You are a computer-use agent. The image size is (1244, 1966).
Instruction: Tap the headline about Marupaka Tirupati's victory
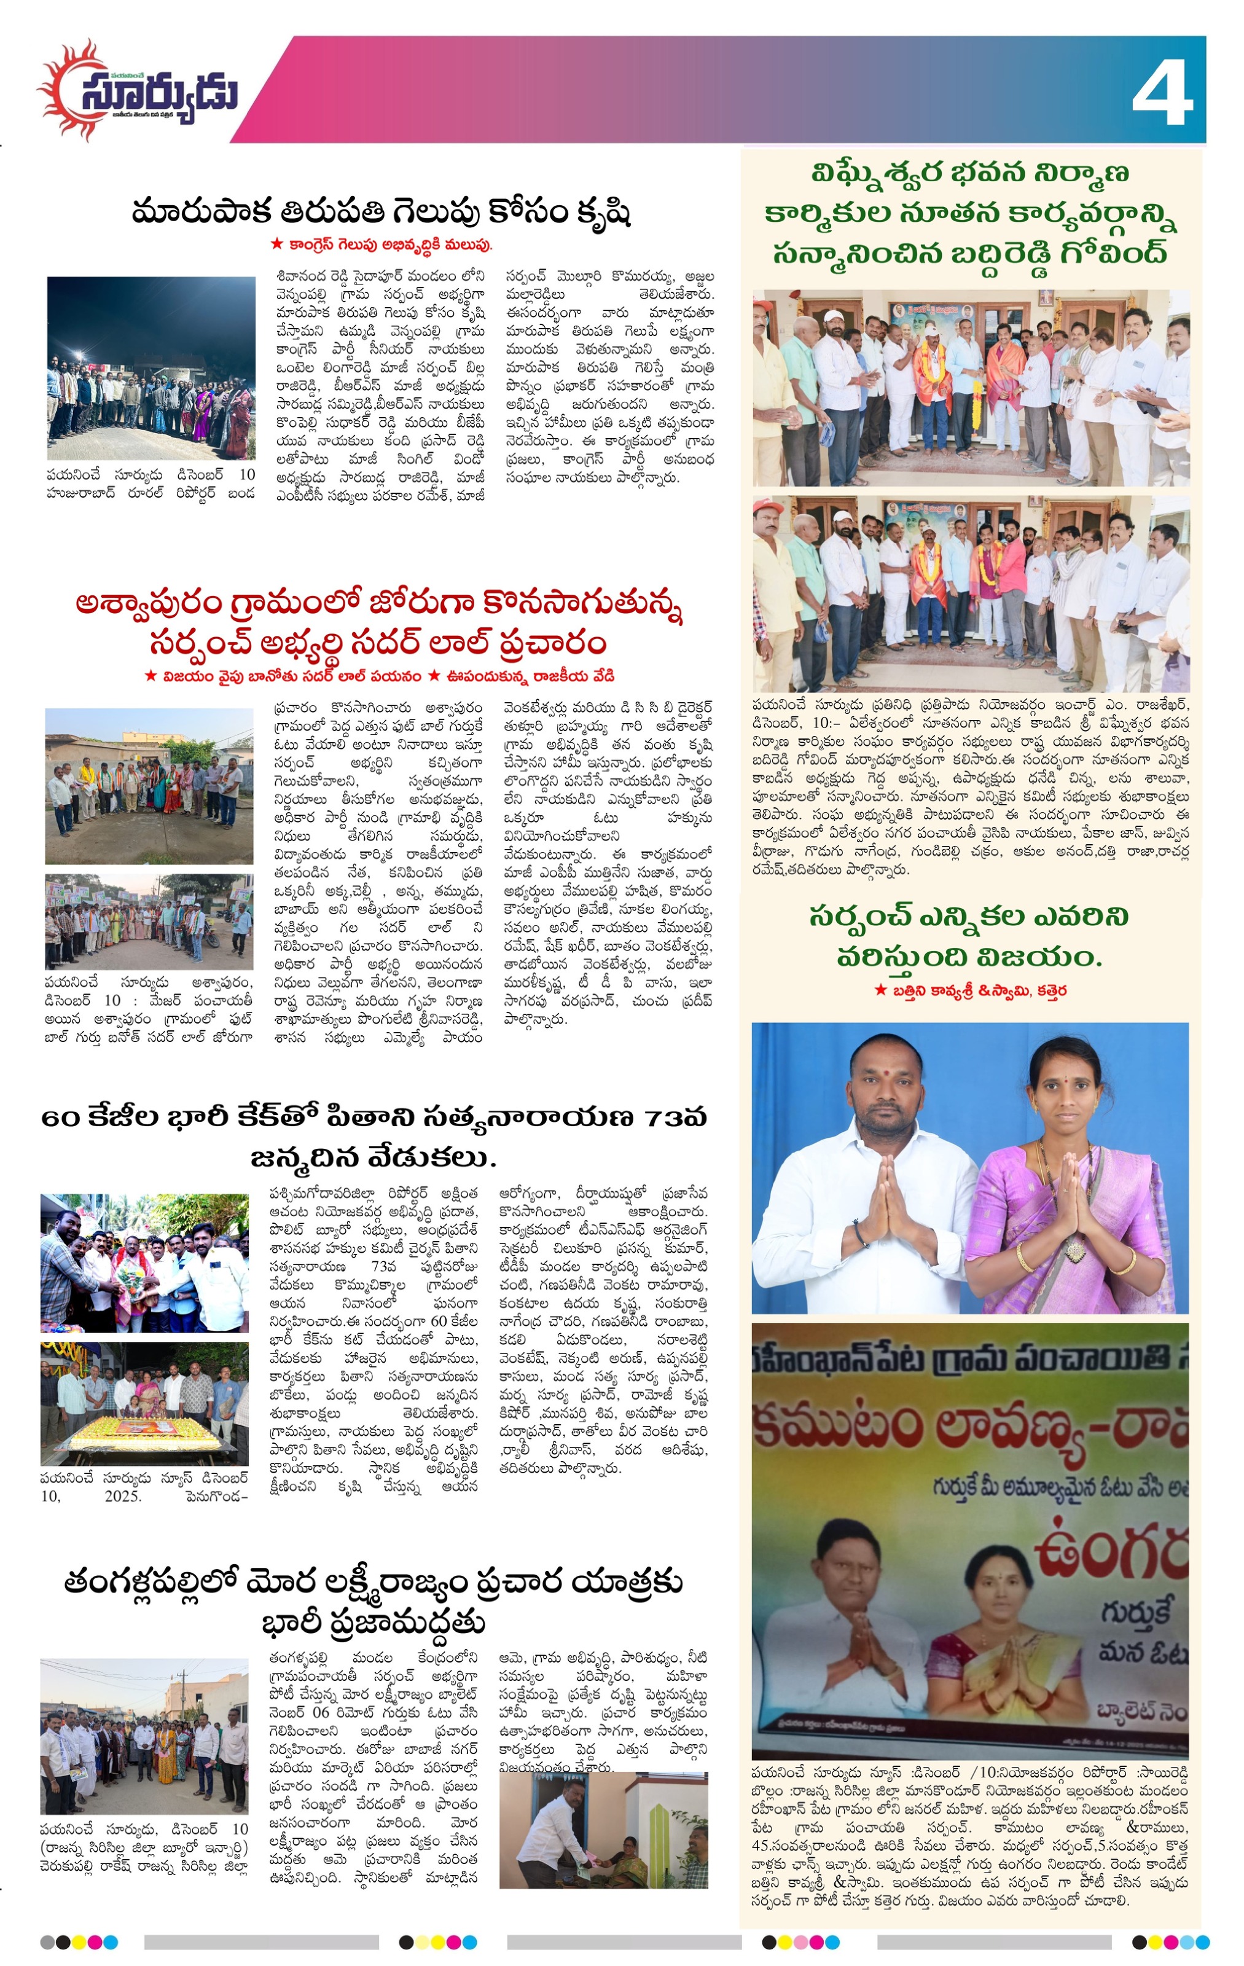click(381, 213)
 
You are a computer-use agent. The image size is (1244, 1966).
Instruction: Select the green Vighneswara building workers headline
click(971, 213)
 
